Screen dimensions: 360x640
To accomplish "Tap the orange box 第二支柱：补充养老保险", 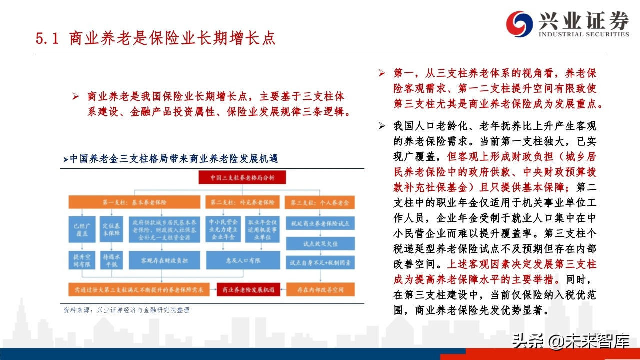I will click(242, 203).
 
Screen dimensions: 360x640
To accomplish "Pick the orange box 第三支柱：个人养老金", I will click(319, 203).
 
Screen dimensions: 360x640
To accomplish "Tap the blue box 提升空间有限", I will click(80, 260).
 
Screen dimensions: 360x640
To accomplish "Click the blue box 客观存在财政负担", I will click(165, 260).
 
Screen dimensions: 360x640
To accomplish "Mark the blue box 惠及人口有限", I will click(242, 260).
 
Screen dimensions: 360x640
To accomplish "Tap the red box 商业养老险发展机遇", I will click(245, 289).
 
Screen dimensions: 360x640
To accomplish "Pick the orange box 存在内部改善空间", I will click(319, 289).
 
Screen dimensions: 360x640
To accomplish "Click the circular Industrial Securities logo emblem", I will click(520, 24).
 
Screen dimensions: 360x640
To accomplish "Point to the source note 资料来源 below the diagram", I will click(127, 310).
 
